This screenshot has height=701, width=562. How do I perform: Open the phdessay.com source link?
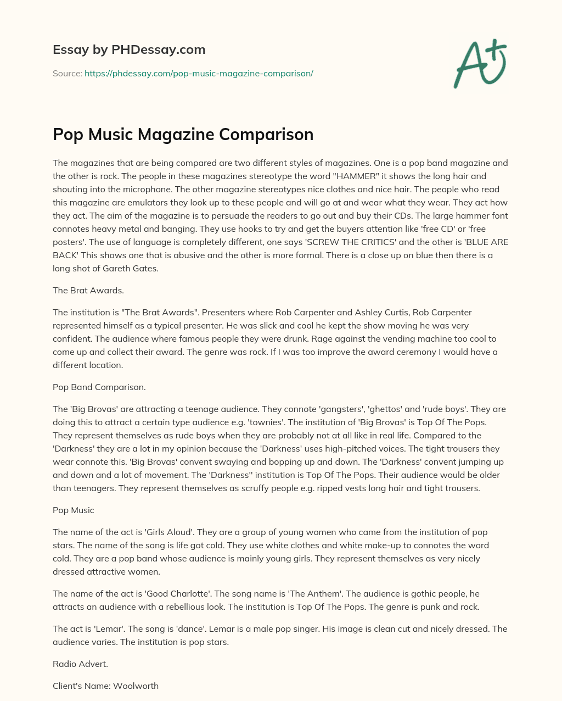pos(199,73)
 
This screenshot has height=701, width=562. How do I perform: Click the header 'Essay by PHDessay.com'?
pos(129,49)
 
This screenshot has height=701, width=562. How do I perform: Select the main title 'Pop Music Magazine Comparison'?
pos(183,134)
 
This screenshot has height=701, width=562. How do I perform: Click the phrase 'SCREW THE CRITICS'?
pos(376,242)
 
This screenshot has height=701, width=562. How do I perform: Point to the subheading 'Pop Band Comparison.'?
pos(99,387)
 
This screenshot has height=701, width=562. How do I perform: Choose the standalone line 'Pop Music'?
pos(74,510)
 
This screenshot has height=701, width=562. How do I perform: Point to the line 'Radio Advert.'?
pos(80,664)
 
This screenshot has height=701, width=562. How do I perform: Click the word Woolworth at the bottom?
pos(136,686)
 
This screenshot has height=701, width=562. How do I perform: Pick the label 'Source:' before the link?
pos(68,73)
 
